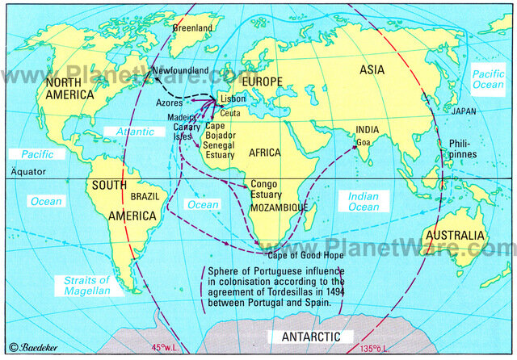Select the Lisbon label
[235, 98]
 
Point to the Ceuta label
[230, 114]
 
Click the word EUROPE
[259, 82]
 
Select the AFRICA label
[266, 153]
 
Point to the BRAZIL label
[145, 196]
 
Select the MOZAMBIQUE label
[280, 207]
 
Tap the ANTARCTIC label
[311, 336]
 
